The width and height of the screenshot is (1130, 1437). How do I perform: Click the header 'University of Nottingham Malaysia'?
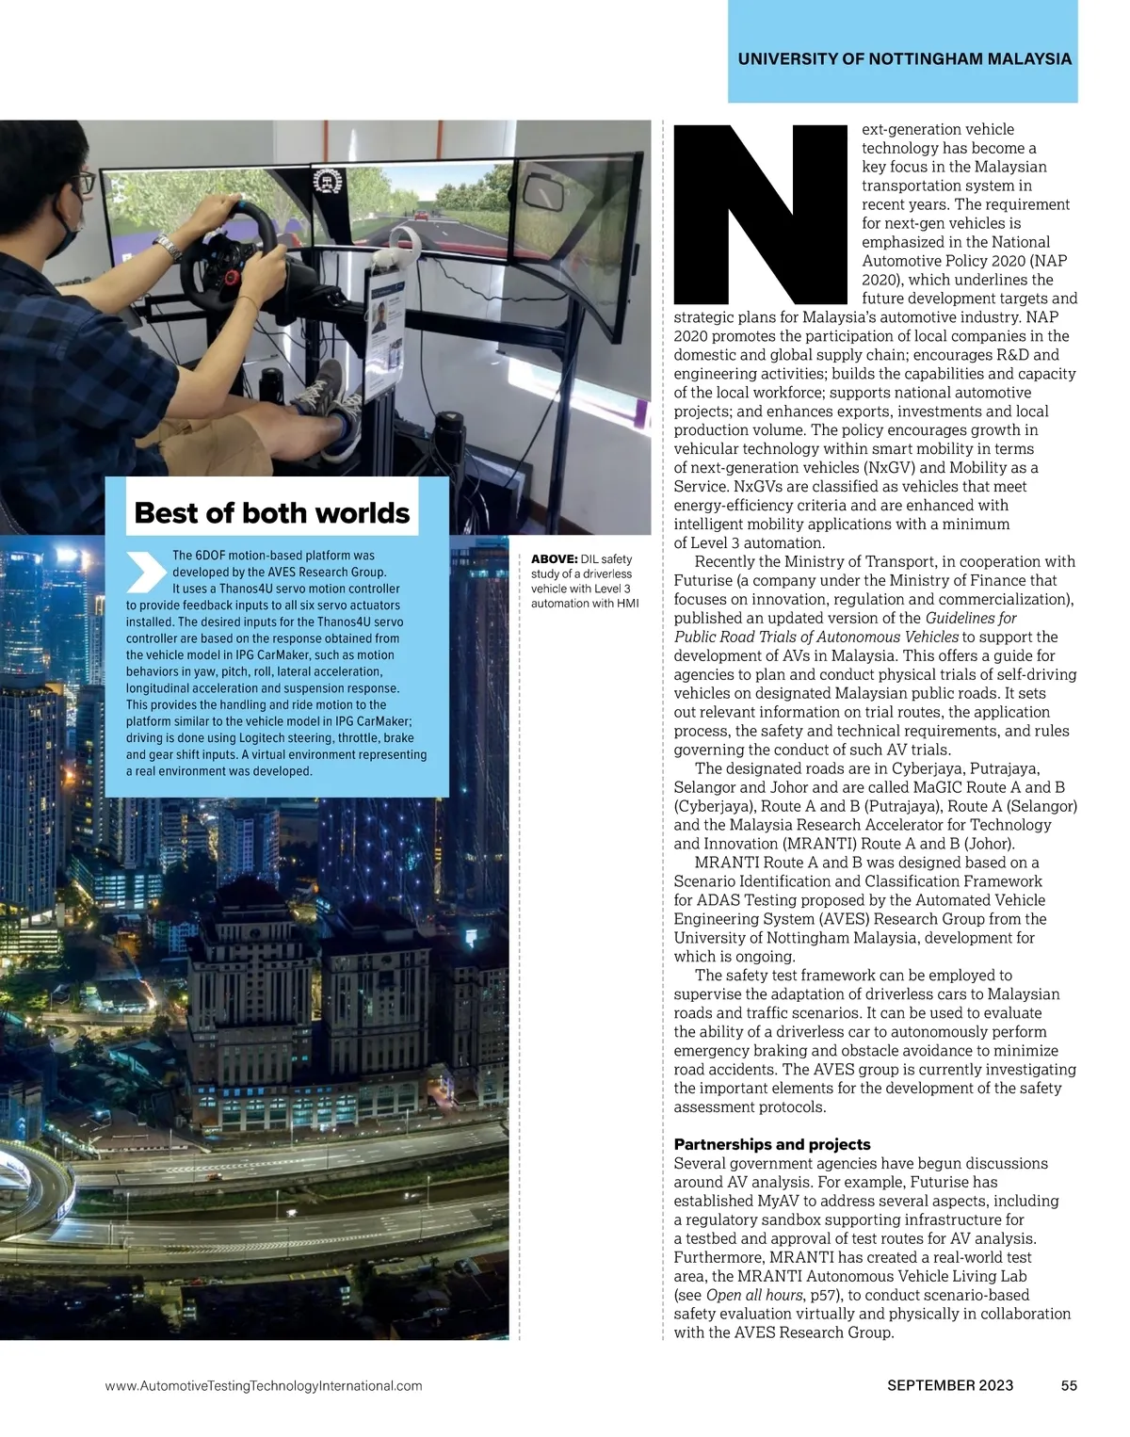point(904,58)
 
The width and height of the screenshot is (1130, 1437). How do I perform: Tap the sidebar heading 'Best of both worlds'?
point(272,513)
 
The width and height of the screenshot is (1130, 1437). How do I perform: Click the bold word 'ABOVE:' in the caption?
point(555,559)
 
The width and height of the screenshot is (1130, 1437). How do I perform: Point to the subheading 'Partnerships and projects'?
point(771,1144)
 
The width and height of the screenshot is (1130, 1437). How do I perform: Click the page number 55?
point(1068,1385)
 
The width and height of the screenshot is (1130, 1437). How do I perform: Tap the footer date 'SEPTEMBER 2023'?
point(950,1385)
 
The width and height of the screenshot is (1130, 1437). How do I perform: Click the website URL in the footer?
point(264,1385)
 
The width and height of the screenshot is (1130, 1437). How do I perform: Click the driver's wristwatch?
point(168,248)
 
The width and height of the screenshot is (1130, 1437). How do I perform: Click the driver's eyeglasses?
point(82,181)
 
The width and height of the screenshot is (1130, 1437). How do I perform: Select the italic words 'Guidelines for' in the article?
point(971,618)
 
